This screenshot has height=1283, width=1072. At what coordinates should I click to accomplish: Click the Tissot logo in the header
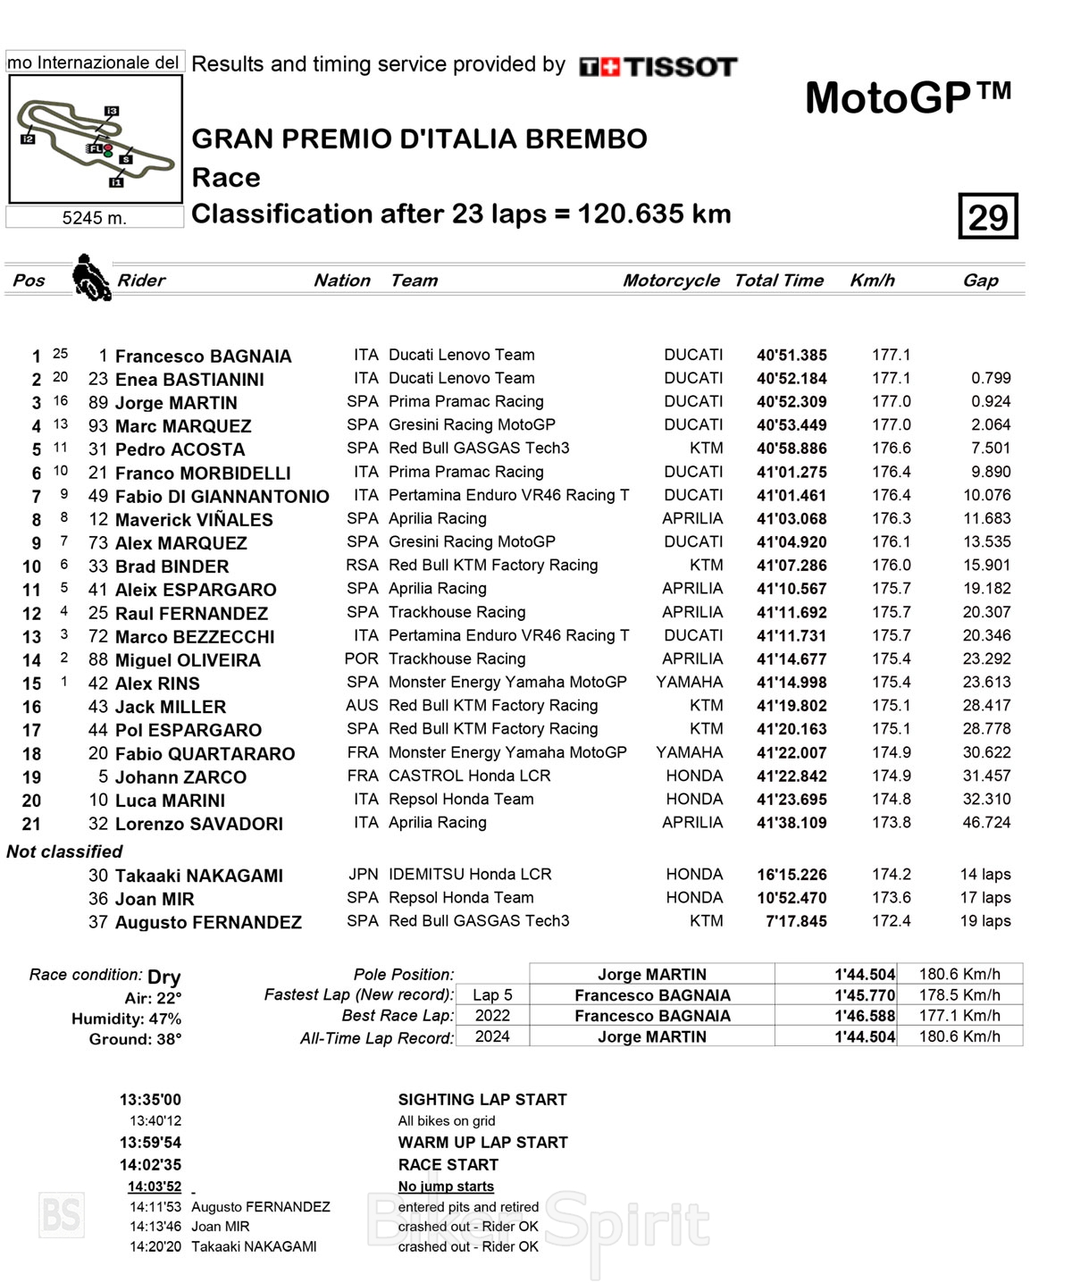click(658, 67)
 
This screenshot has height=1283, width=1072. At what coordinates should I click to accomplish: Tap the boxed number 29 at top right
click(988, 216)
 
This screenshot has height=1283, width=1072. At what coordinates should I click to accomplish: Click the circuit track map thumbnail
click(96, 139)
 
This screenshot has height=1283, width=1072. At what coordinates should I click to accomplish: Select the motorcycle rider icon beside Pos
click(90, 277)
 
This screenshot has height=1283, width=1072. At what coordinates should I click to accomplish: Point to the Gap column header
click(980, 281)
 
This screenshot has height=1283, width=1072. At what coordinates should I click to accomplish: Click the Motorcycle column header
click(671, 281)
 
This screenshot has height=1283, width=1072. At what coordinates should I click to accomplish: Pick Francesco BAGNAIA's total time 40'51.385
click(791, 356)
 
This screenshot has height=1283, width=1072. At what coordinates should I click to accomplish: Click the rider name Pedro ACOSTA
click(180, 449)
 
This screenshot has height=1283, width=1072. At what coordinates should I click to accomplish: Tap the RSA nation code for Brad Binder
click(362, 566)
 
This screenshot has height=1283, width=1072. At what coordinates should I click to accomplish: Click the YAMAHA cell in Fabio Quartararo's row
click(689, 753)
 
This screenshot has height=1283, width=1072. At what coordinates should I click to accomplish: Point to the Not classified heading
click(64, 851)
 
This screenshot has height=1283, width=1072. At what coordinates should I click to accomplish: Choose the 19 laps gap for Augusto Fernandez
click(985, 921)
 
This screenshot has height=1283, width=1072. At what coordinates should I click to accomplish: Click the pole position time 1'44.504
click(864, 975)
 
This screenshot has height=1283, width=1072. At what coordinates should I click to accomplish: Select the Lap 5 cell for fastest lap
click(492, 995)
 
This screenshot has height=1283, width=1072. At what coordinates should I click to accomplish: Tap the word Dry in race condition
click(164, 977)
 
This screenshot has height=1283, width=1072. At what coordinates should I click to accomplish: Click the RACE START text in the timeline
click(448, 1165)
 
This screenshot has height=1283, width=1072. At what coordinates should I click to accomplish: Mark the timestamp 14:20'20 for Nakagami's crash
click(155, 1246)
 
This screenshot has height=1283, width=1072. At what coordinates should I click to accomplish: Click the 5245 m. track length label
click(94, 218)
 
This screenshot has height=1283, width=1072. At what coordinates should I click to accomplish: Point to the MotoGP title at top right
click(908, 98)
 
